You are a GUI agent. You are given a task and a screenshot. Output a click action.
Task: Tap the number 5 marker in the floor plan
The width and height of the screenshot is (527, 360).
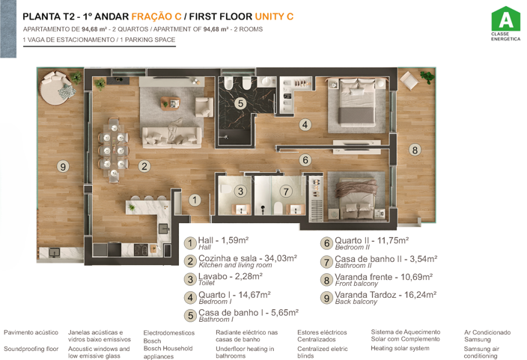[240, 104]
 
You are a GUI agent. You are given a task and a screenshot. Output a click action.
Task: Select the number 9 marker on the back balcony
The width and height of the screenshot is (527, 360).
[64, 167]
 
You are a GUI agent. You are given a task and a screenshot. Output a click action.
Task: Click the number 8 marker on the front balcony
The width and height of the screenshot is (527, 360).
[415, 150]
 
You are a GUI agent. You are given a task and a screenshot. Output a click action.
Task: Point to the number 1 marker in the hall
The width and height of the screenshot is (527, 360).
[194, 200]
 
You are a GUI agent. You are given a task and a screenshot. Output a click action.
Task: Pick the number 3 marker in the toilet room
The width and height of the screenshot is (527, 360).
[240, 191]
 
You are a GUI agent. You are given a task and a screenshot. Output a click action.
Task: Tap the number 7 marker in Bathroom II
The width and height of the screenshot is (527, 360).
[285, 191]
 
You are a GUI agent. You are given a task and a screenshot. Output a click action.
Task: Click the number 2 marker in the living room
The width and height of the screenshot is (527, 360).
[144, 166]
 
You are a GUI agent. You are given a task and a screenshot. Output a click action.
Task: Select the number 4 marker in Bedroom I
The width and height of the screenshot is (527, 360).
[305, 125]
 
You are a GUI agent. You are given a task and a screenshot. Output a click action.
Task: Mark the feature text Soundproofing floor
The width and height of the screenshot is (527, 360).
[31, 349]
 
